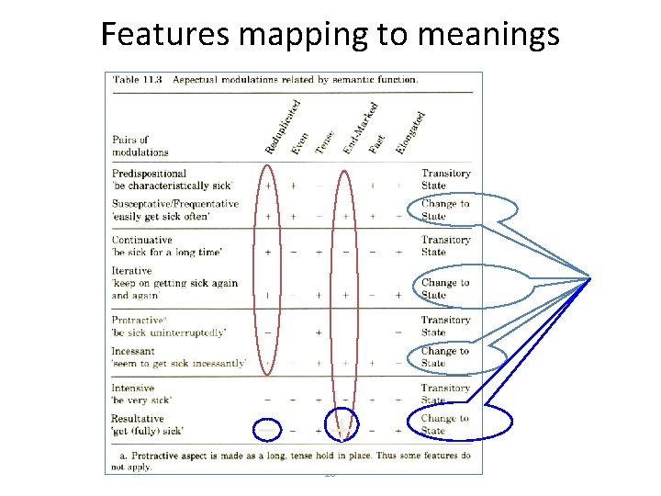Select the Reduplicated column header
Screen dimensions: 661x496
pyautogui.click(x=282, y=128)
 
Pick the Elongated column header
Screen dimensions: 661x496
pyautogui.click(x=409, y=132)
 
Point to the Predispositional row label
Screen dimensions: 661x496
pyautogui.click(x=149, y=173)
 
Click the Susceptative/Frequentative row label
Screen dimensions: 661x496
pyautogui.click(x=174, y=204)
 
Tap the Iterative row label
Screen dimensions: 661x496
pyautogui.click(x=132, y=271)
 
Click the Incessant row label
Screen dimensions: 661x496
pyautogui.click(x=133, y=351)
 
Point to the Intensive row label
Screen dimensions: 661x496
pyautogui.click(x=133, y=389)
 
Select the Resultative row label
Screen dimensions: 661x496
pyautogui.click(x=138, y=419)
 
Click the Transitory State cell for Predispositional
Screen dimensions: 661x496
pyautogui.click(x=446, y=179)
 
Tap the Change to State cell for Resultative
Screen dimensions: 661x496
pyautogui.click(x=445, y=424)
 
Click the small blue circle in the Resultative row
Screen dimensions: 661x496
pyautogui.click(x=343, y=422)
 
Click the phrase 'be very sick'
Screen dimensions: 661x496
pyautogui.click(x=141, y=400)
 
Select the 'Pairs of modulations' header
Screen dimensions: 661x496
pyautogui.click(x=140, y=146)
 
